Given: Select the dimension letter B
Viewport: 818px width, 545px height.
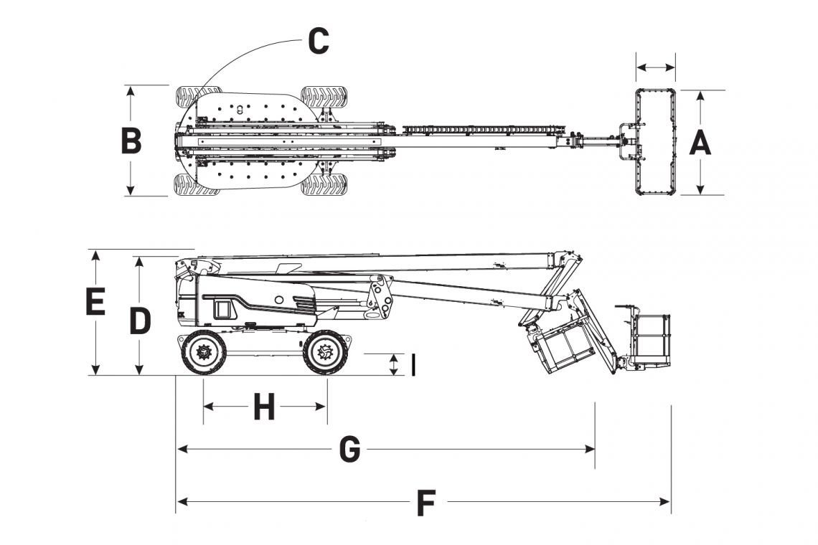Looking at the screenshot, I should (131, 141).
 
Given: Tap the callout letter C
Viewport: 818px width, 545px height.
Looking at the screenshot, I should (318, 42).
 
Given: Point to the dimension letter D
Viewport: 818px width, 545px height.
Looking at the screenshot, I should (140, 322).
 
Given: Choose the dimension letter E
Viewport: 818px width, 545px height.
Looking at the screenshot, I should (95, 302).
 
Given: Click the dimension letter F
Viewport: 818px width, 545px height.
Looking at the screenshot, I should (426, 504).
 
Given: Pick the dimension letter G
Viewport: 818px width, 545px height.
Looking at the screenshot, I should (349, 450).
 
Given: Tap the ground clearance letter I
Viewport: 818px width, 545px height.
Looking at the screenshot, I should (413, 365).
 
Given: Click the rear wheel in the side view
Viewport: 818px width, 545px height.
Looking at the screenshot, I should (204, 353).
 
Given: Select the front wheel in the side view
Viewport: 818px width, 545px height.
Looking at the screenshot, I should (326, 353).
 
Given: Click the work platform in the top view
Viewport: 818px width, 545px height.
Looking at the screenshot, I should (656, 141).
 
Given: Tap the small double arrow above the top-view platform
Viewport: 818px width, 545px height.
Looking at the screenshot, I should (656, 68).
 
